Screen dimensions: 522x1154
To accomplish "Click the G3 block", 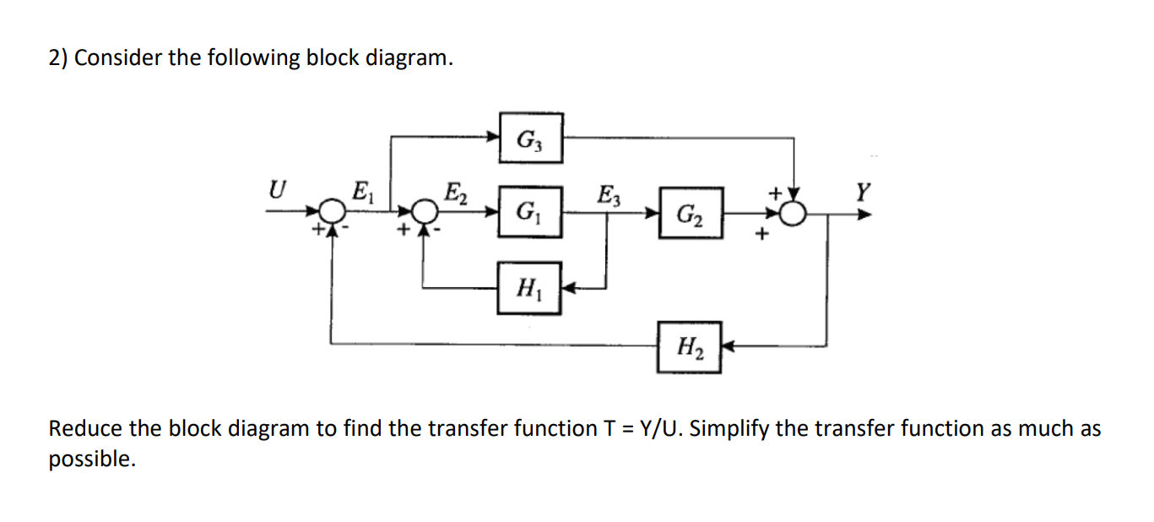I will coord(530,138).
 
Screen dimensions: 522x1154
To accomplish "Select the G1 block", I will coord(529,211).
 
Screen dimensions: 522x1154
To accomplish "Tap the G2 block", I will coord(691,213).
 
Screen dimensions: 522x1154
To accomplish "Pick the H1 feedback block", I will coord(529,288).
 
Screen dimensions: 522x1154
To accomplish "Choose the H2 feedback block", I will coord(690,346).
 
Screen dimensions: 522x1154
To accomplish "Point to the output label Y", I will coord(862,191).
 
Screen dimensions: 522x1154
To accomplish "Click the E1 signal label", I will coord(360,191).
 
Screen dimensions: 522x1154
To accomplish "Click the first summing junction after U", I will coord(335,211).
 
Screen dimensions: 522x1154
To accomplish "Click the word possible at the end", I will coord(90,460).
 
